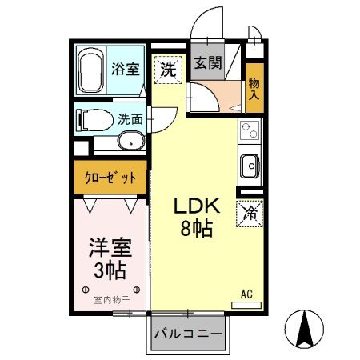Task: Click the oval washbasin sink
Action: pos(130,142)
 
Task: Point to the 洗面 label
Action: pos(130,120)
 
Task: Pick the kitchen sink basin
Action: pos(249,166)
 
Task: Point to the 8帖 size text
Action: pos(194,230)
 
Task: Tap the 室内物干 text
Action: pos(110,300)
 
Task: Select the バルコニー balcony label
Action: pos(187,332)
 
